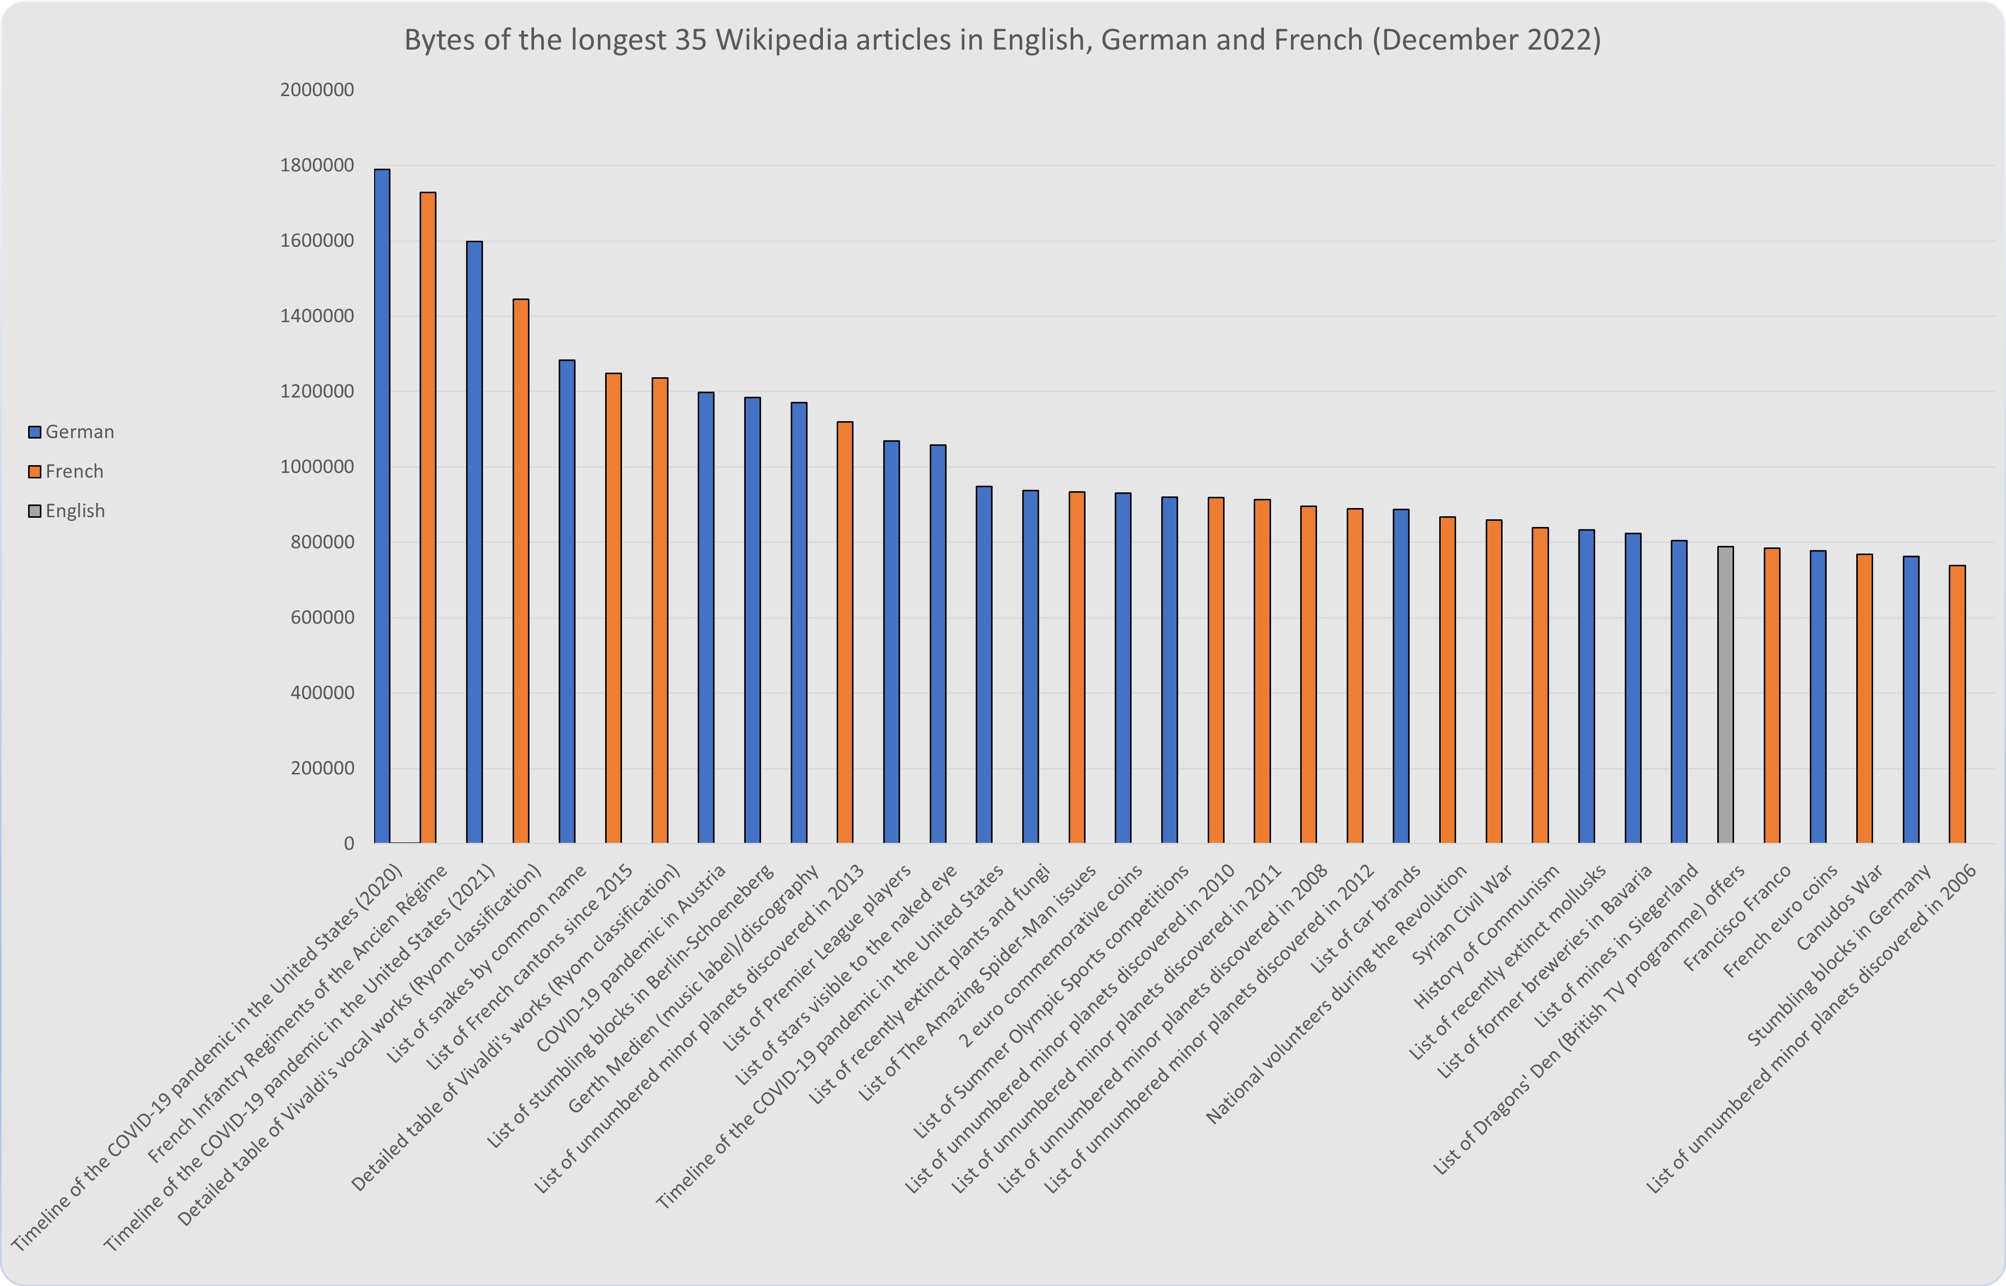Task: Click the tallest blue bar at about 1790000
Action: [x=381, y=505]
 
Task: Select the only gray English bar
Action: [x=1725, y=695]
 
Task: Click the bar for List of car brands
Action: [x=1401, y=676]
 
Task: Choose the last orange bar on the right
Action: [x=1957, y=704]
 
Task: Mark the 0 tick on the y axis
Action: [x=348, y=843]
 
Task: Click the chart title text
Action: [x=1002, y=39]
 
